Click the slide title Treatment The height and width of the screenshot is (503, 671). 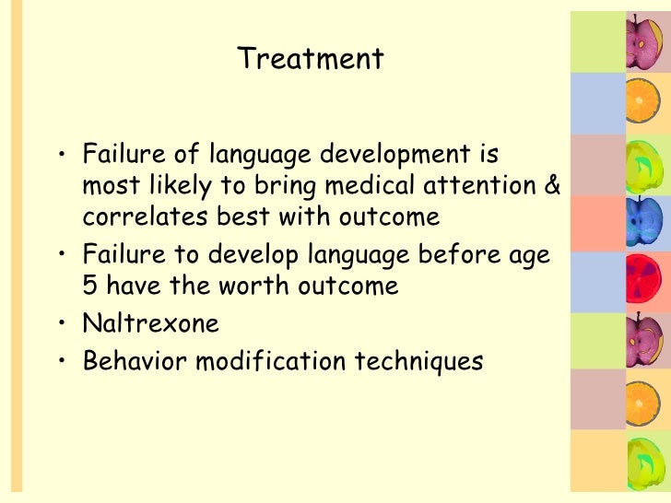pyautogui.click(x=311, y=60)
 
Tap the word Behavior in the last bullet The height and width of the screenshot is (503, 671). pyautogui.click(x=124, y=361)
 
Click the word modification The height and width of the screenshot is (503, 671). pyautogui.click(x=261, y=361)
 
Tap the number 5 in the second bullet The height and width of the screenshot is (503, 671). pyautogui.click(x=89, y=286)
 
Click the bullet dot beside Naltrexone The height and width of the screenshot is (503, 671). pyautogui.click(x=58, y=324)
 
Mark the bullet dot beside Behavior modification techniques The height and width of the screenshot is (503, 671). pyautogui.click(x=58, y=362)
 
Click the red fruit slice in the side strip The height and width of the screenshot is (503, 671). pyautogui.click(x=642, y=280)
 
